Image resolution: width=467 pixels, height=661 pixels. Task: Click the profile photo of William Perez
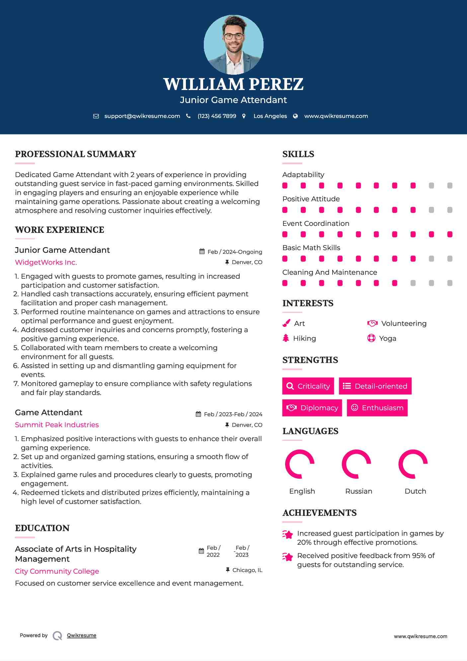point(233,45)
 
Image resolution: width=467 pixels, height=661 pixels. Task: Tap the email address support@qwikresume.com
point(142,116)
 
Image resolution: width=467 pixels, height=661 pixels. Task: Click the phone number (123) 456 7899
point(217,116)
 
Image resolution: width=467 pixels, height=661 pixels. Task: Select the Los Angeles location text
point(270,116)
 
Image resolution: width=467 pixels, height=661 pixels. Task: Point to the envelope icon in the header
point(96,116)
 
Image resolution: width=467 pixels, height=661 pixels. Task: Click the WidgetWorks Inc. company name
point(46,262)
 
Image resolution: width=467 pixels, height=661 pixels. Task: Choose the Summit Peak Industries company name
point(57,425)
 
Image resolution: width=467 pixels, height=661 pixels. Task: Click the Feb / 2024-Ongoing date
point(235,252)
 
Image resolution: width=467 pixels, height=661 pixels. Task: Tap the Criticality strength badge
point(308,386)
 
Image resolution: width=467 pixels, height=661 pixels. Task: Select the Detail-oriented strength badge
point(375,386)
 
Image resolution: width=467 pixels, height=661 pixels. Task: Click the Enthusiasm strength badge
point(377,408)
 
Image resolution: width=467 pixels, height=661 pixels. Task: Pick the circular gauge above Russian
point(356,464)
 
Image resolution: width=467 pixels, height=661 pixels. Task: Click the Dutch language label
point(415,491)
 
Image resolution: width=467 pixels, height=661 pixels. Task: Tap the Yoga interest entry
point(387,338)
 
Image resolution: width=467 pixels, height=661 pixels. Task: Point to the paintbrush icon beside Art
point(286,323)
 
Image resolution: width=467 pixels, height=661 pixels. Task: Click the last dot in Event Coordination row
point(450,235)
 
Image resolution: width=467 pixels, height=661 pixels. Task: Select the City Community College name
point(57,571)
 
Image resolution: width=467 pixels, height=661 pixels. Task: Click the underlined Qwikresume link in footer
point(82,635)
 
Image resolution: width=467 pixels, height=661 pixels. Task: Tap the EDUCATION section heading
point(42,528)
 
